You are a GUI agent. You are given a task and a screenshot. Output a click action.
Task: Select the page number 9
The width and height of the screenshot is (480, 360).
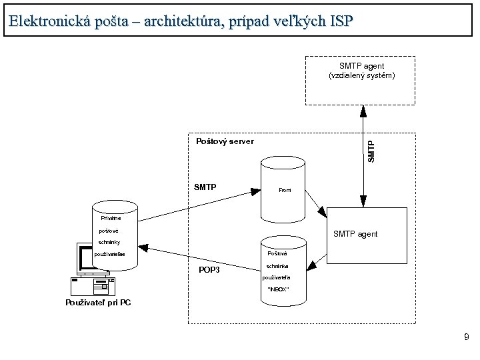coord(467,338)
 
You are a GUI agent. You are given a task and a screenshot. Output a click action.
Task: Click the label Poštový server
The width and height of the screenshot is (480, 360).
coord(225,141)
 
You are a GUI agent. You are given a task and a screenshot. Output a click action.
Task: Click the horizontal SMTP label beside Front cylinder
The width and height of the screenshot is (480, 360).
coord(205,187)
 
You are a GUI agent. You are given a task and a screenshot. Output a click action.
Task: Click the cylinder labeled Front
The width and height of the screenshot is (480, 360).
coord(284,190)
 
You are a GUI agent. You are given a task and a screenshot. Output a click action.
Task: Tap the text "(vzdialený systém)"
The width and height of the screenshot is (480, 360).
coord(361,76)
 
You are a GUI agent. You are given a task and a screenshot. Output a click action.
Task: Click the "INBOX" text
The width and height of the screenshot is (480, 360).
coord(277,289)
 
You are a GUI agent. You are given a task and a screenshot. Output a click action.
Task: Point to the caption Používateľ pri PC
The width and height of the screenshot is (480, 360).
coord(98,303)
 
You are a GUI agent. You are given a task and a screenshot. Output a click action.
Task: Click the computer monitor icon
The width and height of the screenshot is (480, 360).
coord(85,260)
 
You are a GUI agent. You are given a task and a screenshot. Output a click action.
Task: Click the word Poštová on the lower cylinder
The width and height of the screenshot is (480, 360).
coord(277,254)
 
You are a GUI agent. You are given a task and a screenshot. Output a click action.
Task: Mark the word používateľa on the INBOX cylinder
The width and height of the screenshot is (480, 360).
coord(277,277)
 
